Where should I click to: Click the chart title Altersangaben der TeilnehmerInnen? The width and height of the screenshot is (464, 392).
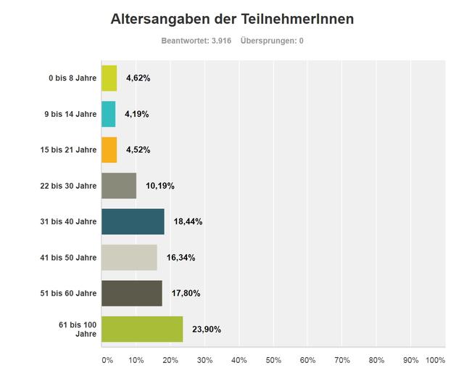click(x=232, y=19)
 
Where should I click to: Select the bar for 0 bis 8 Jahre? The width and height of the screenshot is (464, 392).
click(x=109, y=78)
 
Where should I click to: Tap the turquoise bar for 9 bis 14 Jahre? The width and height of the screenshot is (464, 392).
click(x=108, y=114)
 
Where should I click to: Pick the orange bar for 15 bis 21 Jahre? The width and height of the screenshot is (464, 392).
click(x=109, y=150)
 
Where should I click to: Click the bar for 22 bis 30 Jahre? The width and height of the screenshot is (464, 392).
click(x=119, y=185)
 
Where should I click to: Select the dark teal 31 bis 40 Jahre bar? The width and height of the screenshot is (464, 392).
click(x=133, y=221)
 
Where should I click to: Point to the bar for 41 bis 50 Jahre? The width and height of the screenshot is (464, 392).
click(x=129, y=257)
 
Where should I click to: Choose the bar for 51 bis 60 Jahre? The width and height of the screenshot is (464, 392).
click(x=132, y=293)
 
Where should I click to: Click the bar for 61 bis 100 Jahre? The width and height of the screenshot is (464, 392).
click(x=142, y=329)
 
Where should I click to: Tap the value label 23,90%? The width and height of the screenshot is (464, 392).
click(x=207, y=329)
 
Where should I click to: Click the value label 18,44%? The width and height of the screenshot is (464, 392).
click(x=188, y=221)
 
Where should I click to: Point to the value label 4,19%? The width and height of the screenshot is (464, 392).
click(x=136, y=114)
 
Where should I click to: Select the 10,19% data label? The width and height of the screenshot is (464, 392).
click(x=160, y=185)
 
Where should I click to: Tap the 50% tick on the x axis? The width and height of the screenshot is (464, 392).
click(x=273, y=360)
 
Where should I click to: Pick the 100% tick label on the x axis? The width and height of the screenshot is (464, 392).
click(x=435, y=360)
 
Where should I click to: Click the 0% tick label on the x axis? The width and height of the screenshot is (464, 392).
click(x=107, y=360)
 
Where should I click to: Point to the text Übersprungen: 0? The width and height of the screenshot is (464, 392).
click(x=272, y=41)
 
